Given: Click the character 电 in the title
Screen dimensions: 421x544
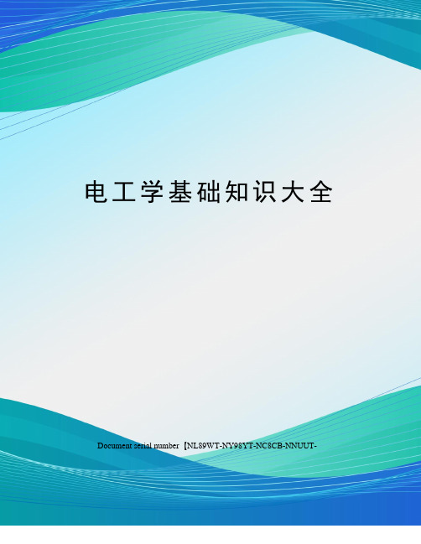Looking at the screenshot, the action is pyautogui.click(x=96, y=192).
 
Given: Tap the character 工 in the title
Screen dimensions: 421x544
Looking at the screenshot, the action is pyautogui.click(x=124, y=192).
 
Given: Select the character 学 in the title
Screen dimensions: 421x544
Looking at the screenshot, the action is pyautogui.click(x=152, y=192).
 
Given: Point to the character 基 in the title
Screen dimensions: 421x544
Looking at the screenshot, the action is pyautogui.click(x=180, y=192).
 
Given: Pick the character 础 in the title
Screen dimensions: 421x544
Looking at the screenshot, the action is pyautogui.click(x=209, y=192).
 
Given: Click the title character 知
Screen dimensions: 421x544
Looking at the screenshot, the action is pyautogui.click(x=236, y=192).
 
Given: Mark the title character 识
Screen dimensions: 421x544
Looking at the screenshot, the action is pyautogui.click(x=265, y=192).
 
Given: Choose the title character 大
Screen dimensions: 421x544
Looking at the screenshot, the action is pyautogui.click(x=293, y=192).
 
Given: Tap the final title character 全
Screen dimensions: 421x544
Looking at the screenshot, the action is pyautogui.click(x=321, y=192).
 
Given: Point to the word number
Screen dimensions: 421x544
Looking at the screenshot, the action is pyautogui.click(x=166, y=446).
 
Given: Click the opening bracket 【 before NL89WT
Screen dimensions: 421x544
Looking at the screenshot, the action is pyautogui.click(x=185, y=446).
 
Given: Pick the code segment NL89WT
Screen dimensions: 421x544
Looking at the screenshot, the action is pyautogui.click(x=203, y=446).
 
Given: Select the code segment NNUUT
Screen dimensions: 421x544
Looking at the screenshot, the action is pyautogui.click(x=299, y=446).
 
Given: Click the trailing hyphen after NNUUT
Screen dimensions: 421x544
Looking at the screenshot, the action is pyautogui.click(x=315, y=447).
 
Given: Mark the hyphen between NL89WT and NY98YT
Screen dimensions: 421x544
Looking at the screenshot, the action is pyautogui.click(x=220, y=447).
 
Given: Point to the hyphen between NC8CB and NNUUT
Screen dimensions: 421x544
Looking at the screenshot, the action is pyautogui.click(x=283, y=447).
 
